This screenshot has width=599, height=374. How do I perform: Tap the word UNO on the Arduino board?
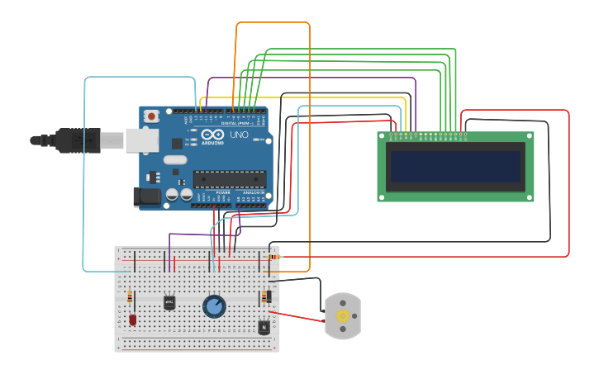tap(239, 135)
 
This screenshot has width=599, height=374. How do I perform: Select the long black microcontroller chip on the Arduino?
tap(230, 178)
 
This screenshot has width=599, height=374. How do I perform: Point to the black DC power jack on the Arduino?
tap(146, 196)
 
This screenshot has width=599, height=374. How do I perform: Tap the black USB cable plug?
tap(78, 140)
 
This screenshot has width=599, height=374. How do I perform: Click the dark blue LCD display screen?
tap(456, 167)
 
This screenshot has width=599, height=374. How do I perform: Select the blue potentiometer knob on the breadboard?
tap(214, 306)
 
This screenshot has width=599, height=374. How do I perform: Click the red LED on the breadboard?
tap(132, 319)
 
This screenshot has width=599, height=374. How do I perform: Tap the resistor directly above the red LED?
tap(130, 298)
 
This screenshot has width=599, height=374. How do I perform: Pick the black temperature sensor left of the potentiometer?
tap(169, 303)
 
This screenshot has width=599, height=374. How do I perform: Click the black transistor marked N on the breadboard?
tap(264, 327)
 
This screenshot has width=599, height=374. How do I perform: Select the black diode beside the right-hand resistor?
tap(269, 297)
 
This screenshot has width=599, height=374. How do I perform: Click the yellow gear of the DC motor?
tap(343, 315)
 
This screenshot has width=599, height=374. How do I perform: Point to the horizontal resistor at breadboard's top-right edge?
tap(273, 257)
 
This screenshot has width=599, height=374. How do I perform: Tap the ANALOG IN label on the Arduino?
tap(254, 192)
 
